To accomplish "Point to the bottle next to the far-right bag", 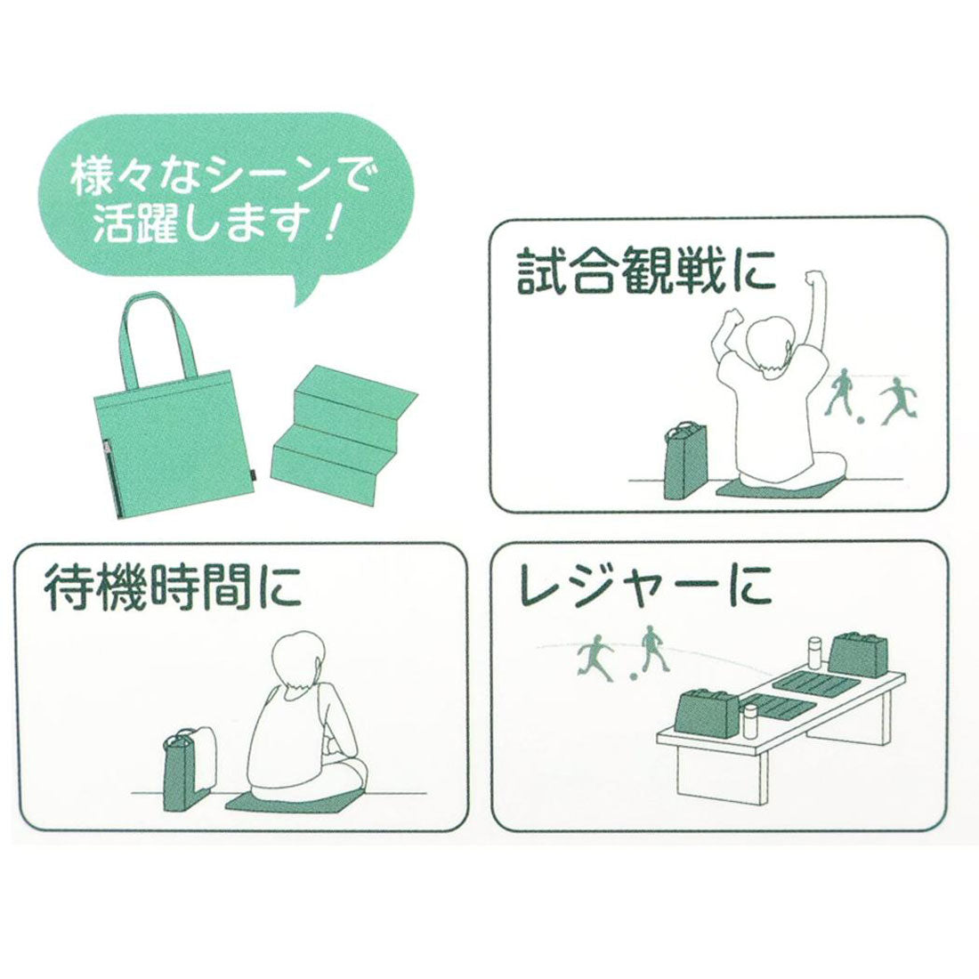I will click(813, 659).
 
